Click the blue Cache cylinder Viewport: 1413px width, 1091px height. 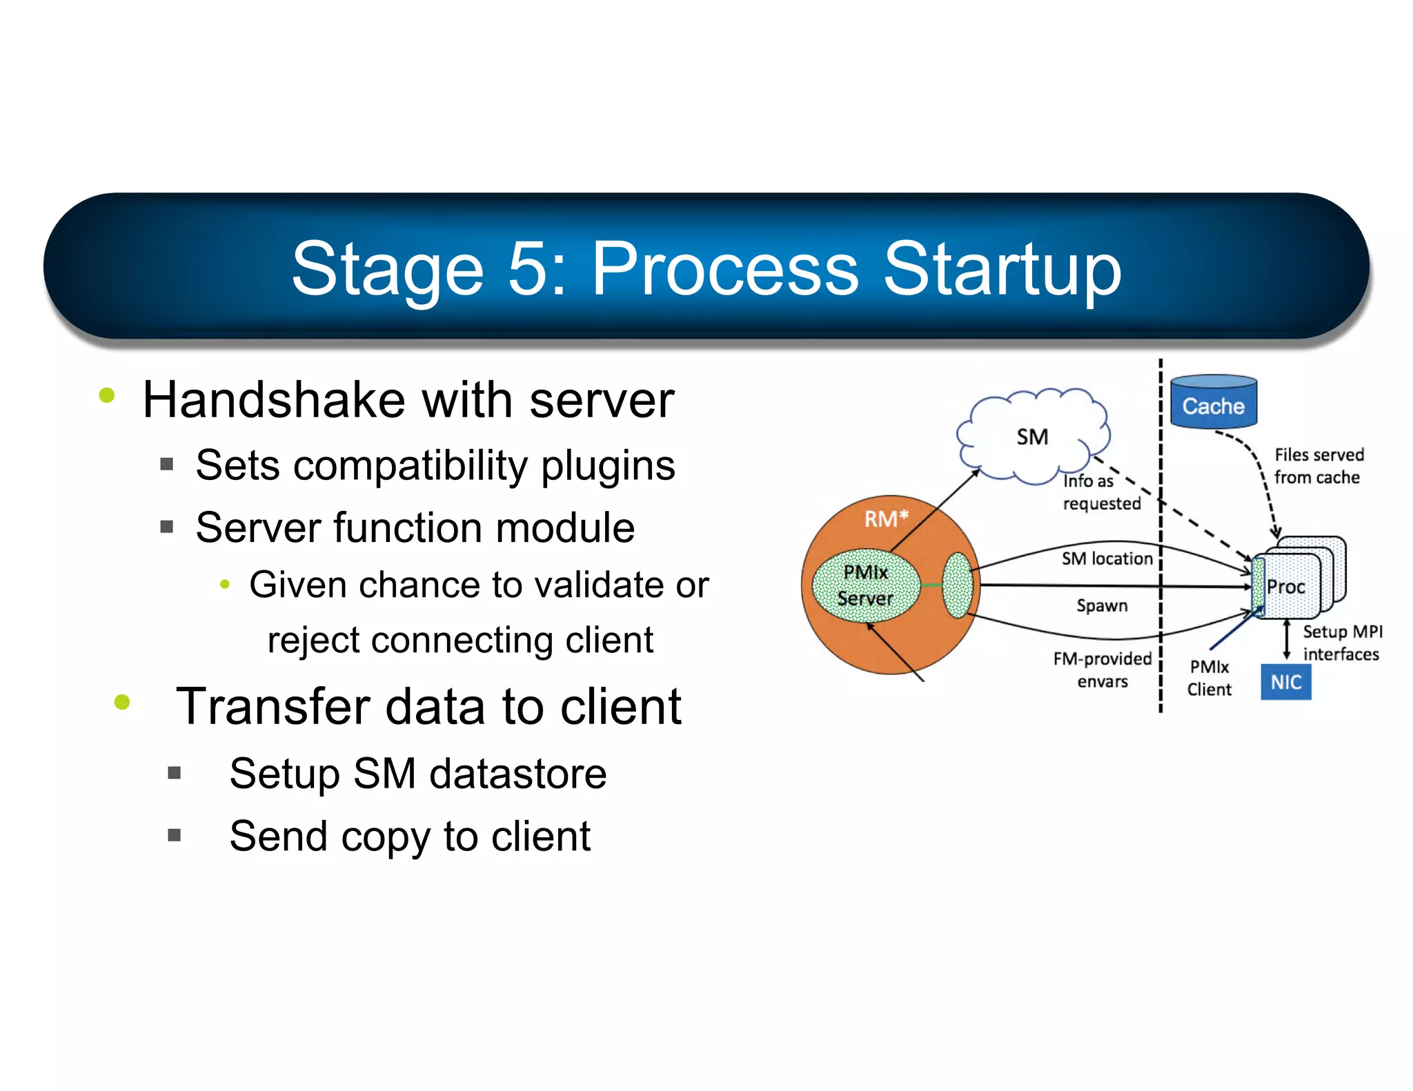point(1213,402)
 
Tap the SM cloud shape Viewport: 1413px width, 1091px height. point(1032,437)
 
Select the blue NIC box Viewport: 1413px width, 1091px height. point(1285,682)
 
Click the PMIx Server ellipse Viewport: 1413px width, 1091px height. point(866,585)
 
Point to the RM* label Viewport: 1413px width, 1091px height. point(886,519)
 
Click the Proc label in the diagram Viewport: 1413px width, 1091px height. point(1285,587)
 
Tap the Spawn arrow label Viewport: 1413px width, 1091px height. point(1102,605)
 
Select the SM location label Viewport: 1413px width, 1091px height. point(1107,559)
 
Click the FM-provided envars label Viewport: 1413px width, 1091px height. point(1102,670)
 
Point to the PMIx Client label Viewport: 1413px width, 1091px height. point(1209,678)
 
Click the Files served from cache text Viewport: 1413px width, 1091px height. point(1318,466)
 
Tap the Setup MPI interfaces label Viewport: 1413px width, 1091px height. point(1341,643)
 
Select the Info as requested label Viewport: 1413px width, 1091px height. point(1101,492)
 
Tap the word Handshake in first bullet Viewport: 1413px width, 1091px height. point(273,400)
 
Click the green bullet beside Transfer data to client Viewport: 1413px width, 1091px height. point(122,703)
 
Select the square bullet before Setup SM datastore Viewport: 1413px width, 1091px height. point(174,772)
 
